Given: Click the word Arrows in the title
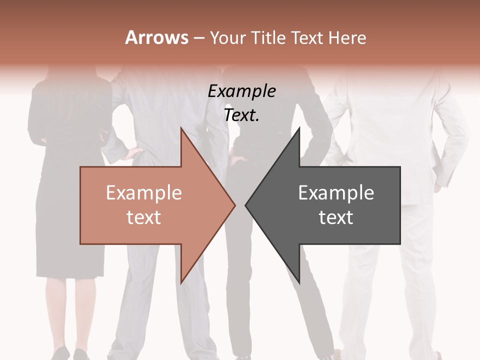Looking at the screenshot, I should pos(157,37).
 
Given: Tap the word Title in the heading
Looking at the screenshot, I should pos(268,37).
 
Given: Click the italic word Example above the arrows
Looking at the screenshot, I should pos(242,91).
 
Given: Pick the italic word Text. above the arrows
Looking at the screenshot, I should pos(242,115).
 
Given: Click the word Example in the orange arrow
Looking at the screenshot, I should pos(144,192).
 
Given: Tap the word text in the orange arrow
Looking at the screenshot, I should pos(144,217).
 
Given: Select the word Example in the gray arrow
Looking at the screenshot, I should pos(336,192).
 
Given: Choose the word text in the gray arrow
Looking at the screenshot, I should pos(336,217).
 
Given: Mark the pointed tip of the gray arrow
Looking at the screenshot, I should pos(246,205).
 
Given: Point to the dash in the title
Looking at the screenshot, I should pos(198,38).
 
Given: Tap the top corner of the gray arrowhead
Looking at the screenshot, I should pos(299,128).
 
